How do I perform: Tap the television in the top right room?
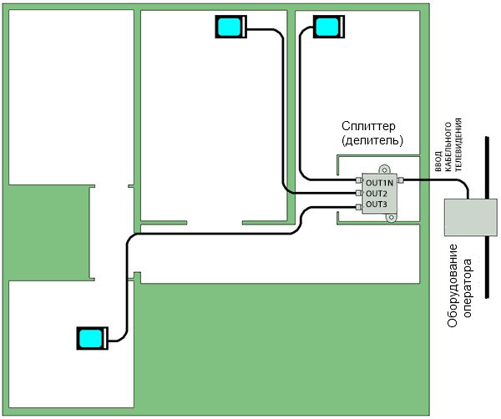click(326, 28)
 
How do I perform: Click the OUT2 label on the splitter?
click(377, 194)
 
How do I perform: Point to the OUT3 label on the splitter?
click(377, 204)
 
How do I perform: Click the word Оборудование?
click(453, 285)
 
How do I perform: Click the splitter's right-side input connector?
click(401, 181)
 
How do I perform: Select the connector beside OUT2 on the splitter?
click(357, 194)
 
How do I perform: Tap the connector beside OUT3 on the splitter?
click(357, 204)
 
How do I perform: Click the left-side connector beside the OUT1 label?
click(357, 181)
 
